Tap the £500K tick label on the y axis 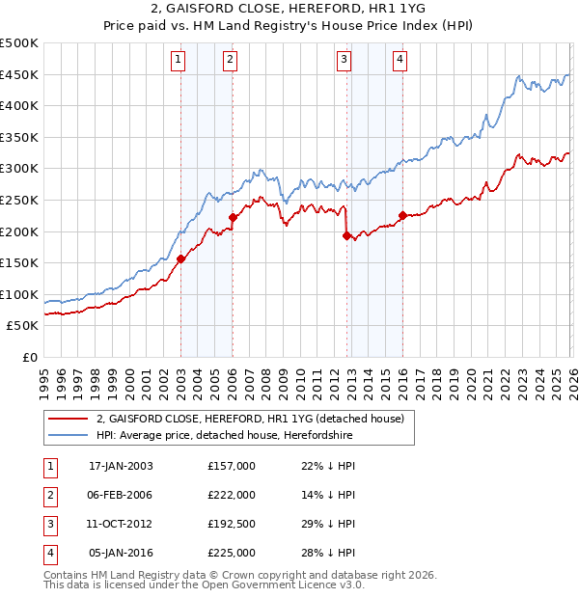(x=19, y=43)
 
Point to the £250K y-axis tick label (x=19, y=200)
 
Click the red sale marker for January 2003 (x=180, y=258)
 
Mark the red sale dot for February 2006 (x=233, y=218)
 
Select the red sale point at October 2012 (x=345, y=235)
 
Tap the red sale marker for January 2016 (x=401, y=215)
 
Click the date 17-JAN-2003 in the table (x=121, y=465)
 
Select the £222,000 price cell (x=232, y=494)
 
